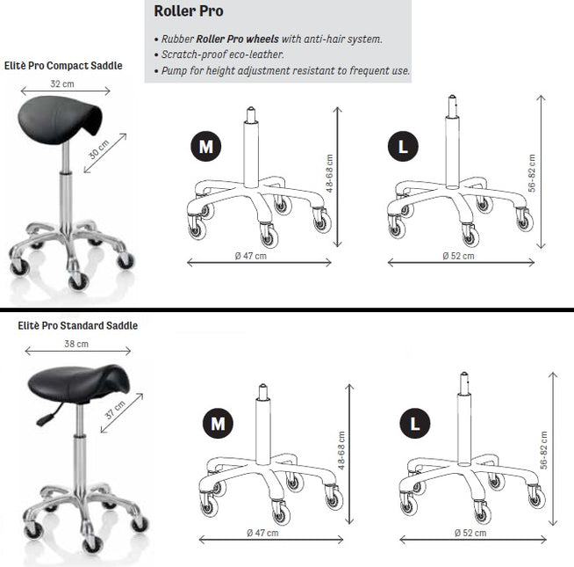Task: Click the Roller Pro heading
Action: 189,11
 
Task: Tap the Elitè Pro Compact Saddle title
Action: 63,66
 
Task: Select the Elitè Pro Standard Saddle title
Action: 77,325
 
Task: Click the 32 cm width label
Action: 62,84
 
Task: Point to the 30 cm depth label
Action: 99,149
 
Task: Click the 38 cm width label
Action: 76,344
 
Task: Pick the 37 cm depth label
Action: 115,410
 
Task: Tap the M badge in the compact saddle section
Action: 205,146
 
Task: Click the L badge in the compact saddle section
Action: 403,146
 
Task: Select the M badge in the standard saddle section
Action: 218,423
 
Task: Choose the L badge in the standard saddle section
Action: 415,423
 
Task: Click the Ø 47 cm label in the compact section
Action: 251,256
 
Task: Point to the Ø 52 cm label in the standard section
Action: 470,533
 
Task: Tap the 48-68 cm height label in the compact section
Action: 329,173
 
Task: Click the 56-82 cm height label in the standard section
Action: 544,450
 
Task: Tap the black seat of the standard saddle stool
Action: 79,383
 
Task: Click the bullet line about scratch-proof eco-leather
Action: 219,55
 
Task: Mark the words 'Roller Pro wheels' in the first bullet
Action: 238,39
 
